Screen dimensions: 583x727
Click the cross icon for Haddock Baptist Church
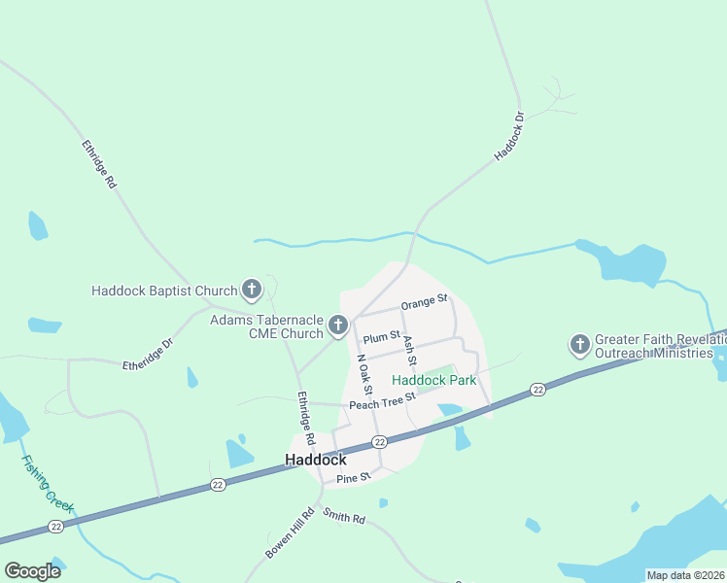click(252, 289)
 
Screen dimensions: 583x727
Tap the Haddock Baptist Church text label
click(164, 290)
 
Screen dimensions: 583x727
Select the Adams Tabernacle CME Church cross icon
click(338, 325)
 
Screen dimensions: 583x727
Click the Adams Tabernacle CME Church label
click(267, 326)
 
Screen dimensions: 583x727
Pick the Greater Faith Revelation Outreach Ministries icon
click(580, 344)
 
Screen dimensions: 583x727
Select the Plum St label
click(382, 337)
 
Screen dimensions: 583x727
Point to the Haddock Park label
click(433, 380)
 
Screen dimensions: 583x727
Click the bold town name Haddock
click(315, 460)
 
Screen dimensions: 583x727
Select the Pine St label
click(353, 478)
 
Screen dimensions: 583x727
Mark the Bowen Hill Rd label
click(290, 533)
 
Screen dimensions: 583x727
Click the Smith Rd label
click(343, 518)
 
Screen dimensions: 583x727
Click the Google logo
click(33, 571)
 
